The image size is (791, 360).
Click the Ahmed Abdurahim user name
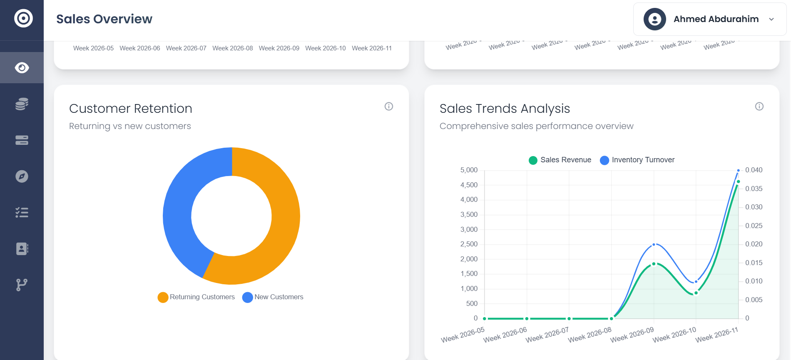coord(716,19)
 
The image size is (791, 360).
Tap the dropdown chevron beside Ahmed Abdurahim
coord(771,19)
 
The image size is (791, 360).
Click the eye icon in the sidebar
coord(22,67)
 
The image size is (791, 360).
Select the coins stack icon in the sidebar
coord(22,104)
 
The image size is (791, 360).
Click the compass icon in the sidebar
coord(22,176)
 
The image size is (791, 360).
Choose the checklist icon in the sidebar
coord(22,213)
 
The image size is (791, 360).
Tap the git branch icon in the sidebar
coord(22,285)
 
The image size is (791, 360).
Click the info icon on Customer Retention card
coord(388,106)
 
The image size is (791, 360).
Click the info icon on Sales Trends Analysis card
coord(759,106)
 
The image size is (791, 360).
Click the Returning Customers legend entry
coord(197,297)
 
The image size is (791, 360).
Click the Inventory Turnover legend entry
coord(637,160)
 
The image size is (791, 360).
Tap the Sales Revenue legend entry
coord(560,160)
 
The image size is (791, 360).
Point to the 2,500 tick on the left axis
coord(469,244)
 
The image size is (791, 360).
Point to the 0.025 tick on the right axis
coord(754,226)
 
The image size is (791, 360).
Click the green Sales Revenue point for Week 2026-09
coord(654,264)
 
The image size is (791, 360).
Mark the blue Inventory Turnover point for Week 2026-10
coord(696,282)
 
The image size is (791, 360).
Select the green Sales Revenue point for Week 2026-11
coord(738,181)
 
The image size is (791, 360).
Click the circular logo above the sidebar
coord(23,18)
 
